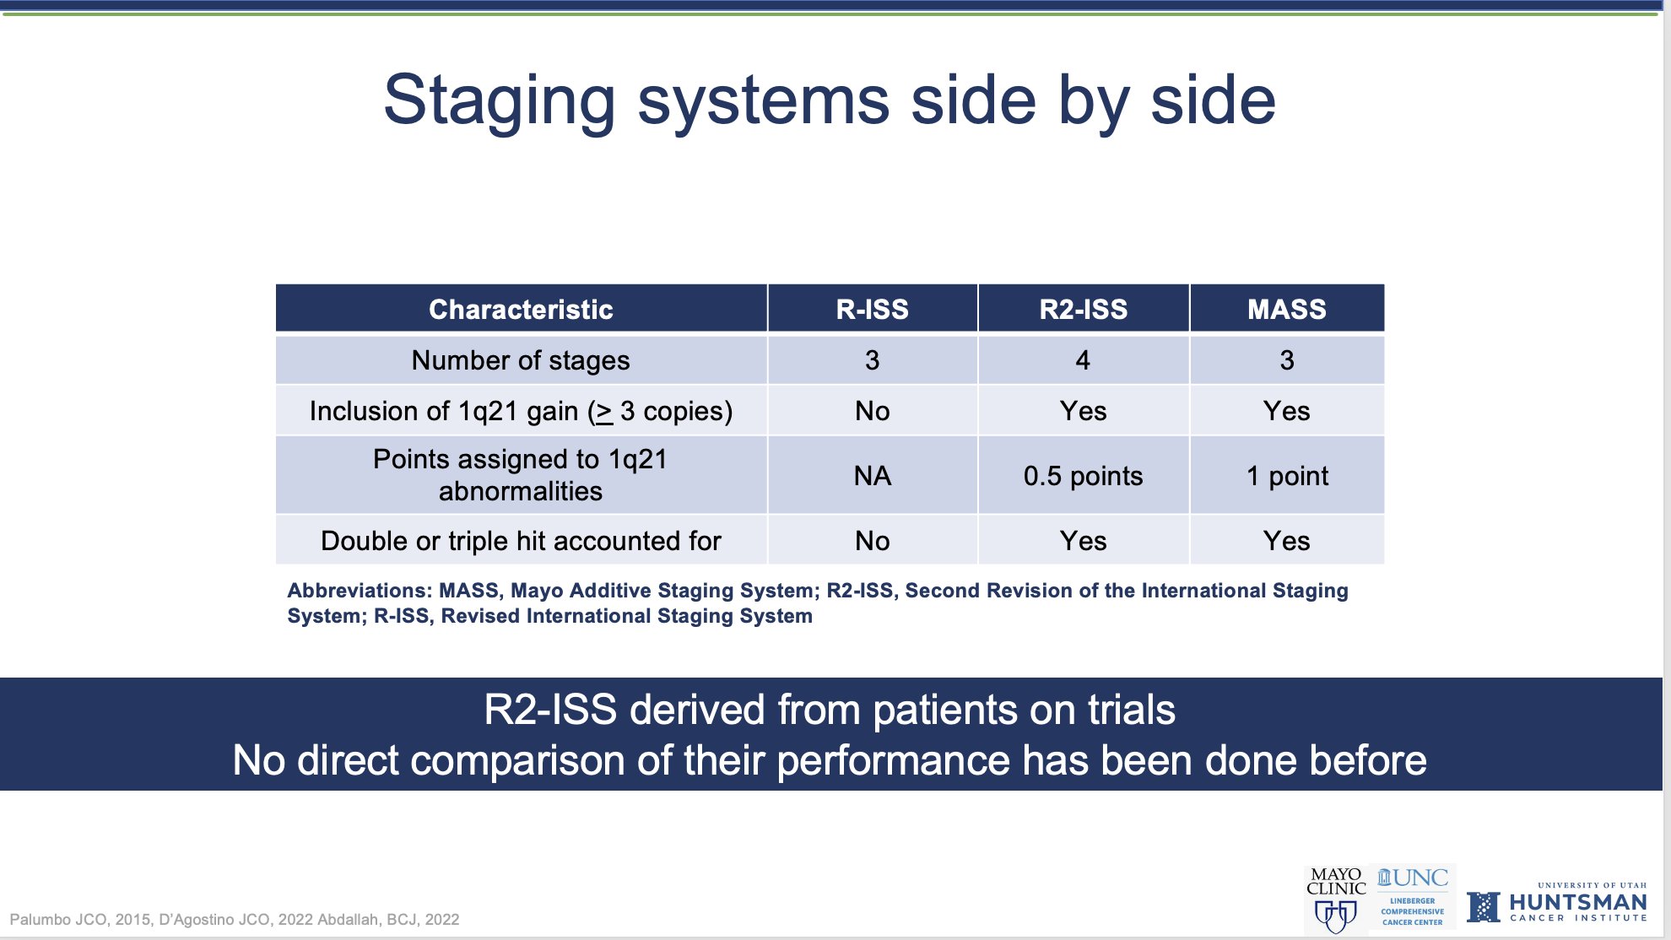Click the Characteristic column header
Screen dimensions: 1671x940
click(x=521, y=310)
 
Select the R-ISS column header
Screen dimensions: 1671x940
click(x=872, y=310)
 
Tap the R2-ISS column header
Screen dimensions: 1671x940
click(x=1083, y=310)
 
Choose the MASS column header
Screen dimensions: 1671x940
click(x=1287, y=310)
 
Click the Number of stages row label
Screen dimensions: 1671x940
click(x=521, y=360)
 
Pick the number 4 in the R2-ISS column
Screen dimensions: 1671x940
click(x=1083, y=360)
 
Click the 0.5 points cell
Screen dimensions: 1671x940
click(x=1083, y=476)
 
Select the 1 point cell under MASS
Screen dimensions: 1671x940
click(x=1287, y=476)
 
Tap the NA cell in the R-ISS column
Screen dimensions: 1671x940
click(x=872, y=476)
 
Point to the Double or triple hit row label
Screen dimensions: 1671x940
click(x=521, y=541)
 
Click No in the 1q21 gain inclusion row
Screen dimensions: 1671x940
click(x=872, y=411)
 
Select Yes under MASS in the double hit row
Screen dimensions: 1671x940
click(x=1287, y=541)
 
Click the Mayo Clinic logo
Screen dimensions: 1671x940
click(x=1336, y=899)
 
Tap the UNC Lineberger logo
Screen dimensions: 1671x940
click(x=1413, y=897)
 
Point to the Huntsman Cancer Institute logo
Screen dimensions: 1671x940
click(x=1557, y=903)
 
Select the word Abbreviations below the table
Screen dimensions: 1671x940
click(x=360, y=591)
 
